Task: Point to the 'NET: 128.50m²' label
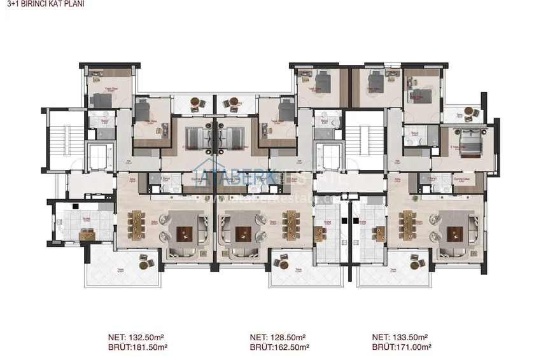[278, 337]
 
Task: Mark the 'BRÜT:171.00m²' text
[402, 347]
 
